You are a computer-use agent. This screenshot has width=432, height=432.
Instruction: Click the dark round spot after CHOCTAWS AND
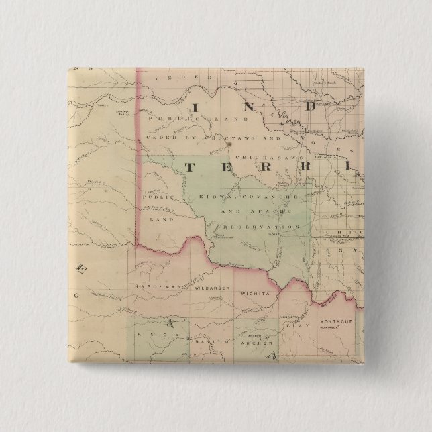[x=229, y=142]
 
